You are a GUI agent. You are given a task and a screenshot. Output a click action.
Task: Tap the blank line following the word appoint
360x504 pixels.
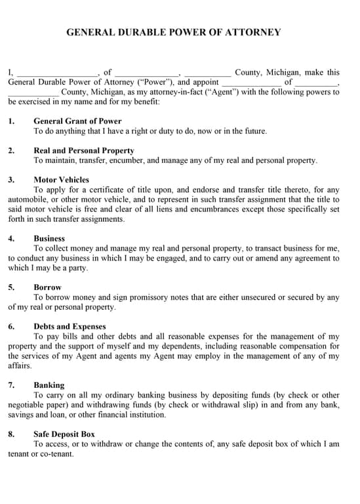(251, 83)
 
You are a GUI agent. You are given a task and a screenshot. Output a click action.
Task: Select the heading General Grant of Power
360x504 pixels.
(77, 121)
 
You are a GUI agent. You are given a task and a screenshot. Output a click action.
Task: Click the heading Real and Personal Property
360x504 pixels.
(84, 150)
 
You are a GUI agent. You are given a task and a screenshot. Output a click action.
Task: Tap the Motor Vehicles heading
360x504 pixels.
(61, 180)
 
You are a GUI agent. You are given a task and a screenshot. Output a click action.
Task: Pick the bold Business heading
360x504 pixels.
(49, 239)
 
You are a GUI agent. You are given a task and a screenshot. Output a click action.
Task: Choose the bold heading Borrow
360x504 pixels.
(47, 287)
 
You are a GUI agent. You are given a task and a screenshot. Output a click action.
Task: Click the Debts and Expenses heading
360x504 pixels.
(70, 327)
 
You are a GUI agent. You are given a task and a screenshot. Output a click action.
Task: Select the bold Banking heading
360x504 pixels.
(49, 385)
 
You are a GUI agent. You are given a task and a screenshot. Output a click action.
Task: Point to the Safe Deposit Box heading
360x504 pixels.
(64, 434)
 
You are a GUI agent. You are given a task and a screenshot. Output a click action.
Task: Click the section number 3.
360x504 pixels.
(11, 180)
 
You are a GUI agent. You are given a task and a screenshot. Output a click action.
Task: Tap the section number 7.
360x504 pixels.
(11, 385)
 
